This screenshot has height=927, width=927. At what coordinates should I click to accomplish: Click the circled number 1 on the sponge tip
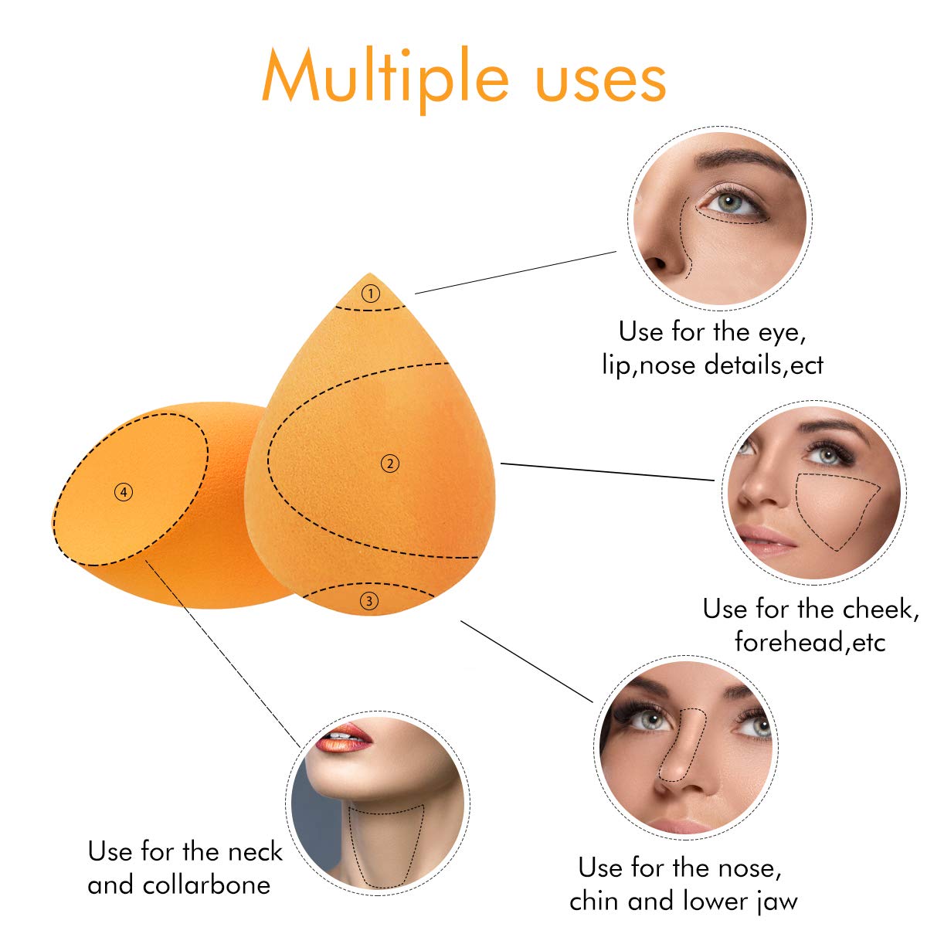pyautogui.click(x=372, y=294)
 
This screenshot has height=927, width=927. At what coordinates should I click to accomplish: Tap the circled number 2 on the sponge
pyautogui.click(x=391, y=463)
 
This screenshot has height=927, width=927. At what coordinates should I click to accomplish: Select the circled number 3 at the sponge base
pyautogui.click(x=369, y=600)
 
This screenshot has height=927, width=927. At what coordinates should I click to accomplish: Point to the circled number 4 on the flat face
pyautogui.click(x=124, y=491)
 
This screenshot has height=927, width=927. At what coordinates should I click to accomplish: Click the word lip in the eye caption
pyautogui.click(x=617, y=365)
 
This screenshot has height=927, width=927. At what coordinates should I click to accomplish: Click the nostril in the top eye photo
pyautogui.click(x=657, y=263)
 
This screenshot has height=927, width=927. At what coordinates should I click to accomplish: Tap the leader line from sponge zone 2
pyautogui.click(x=607, y=472)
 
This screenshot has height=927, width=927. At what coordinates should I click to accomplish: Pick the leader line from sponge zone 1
pyautogui.click(x=515, y=272)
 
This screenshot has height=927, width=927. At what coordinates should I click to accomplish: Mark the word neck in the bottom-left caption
pyautogui.click(x=253, y=851)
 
